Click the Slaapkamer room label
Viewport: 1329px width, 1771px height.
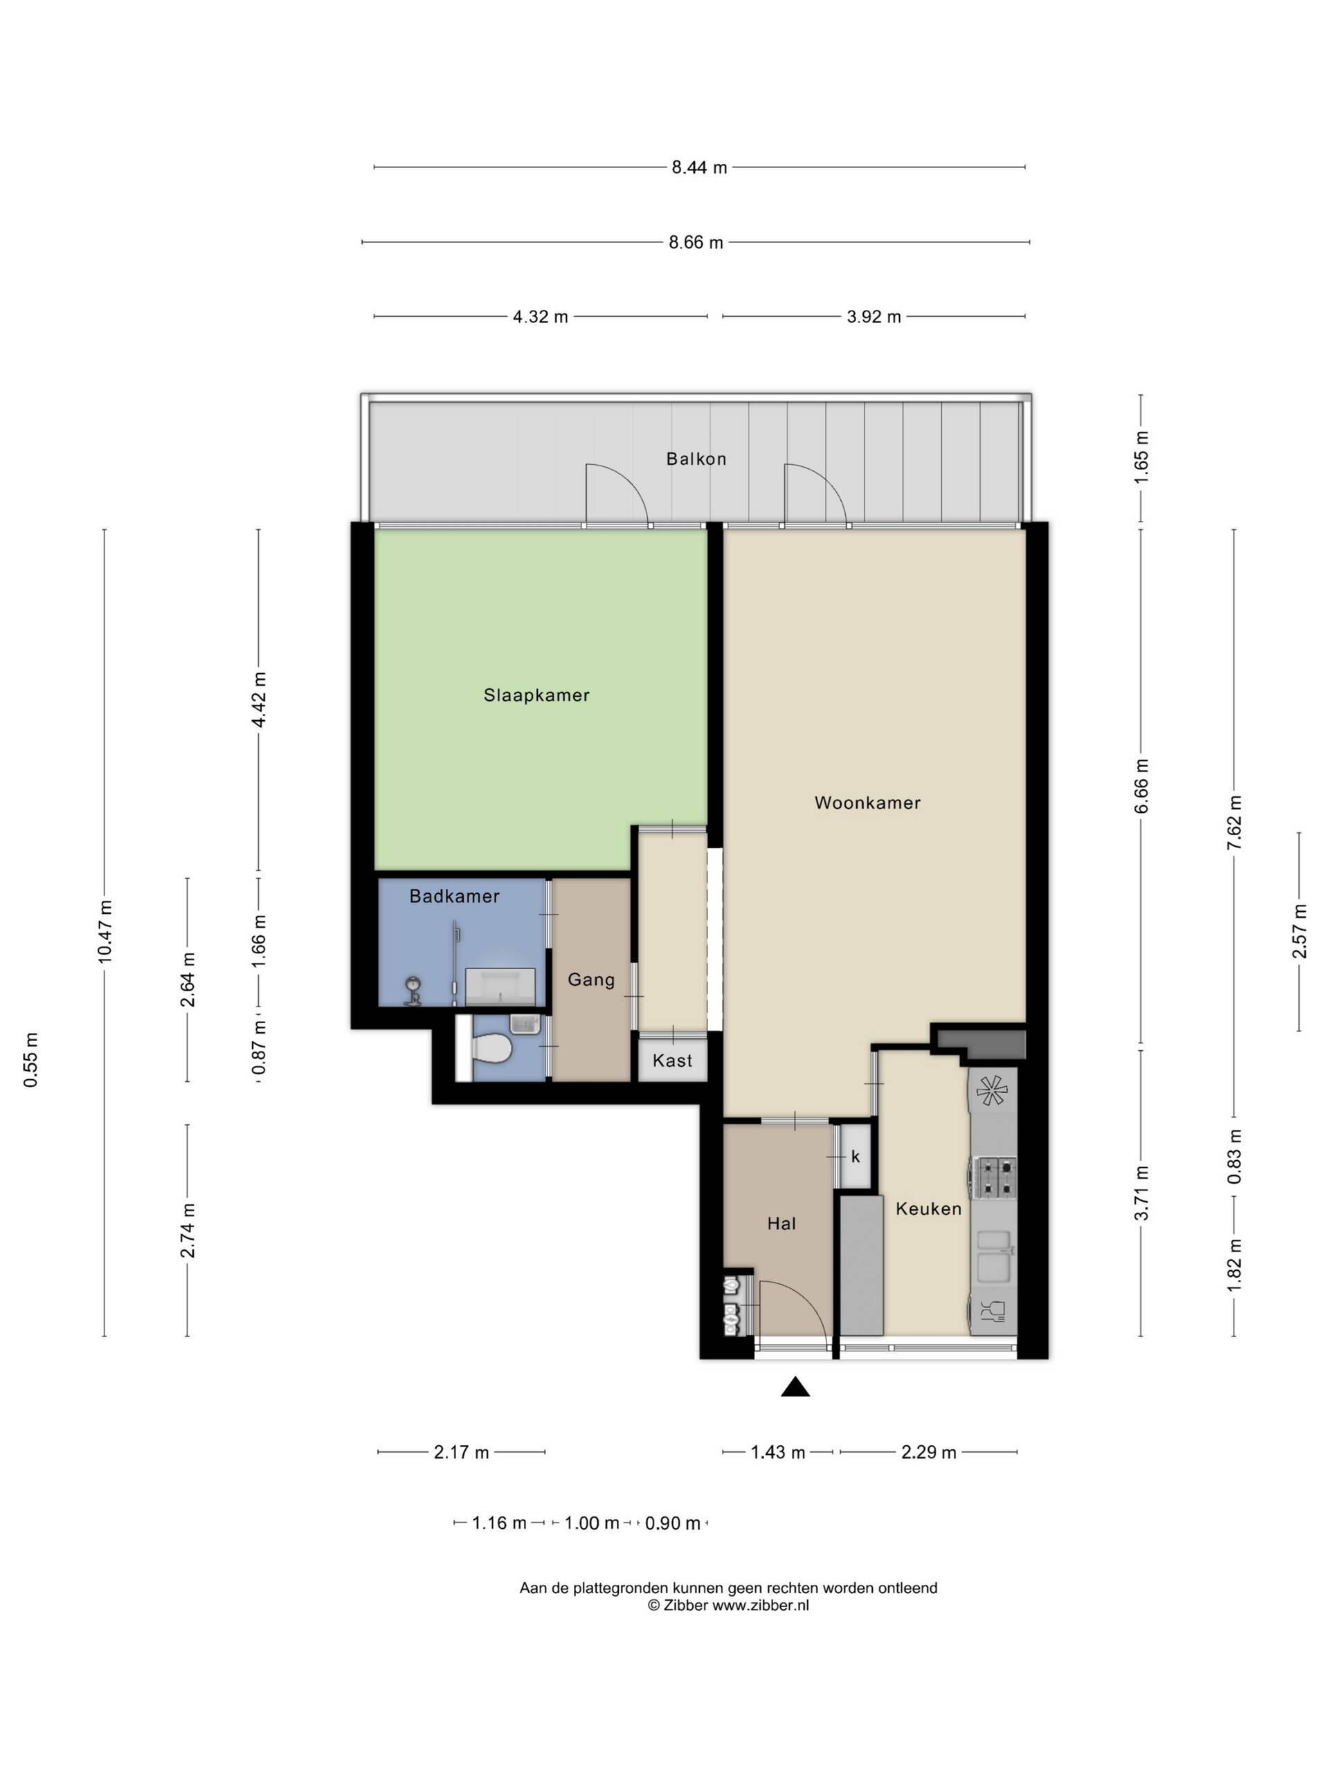[536, 695]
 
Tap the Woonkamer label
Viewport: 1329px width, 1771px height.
[867, 802]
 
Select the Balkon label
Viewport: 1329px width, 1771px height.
[696, 459]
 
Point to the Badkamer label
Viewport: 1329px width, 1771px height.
[454, 896]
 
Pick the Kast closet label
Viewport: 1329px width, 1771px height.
[672, 1061]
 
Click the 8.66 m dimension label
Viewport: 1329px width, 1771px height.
[696, 242]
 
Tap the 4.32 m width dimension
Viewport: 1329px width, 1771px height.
[541, 316]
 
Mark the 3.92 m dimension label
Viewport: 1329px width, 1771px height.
[874, 316]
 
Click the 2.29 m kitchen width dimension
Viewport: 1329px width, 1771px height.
[929, 1452]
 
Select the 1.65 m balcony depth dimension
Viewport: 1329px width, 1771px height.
[1141, 457]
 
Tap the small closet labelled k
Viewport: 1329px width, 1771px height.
[855, 1156]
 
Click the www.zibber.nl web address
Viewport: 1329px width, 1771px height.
[760, 1605]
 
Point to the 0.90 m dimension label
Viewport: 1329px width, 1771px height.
[673, 1523]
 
